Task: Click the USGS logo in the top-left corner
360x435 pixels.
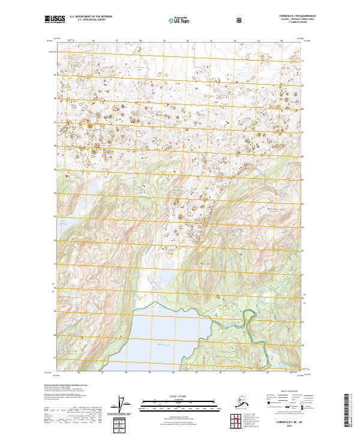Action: tap(52, 20)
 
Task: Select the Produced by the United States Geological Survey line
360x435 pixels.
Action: tap(64, 385)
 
